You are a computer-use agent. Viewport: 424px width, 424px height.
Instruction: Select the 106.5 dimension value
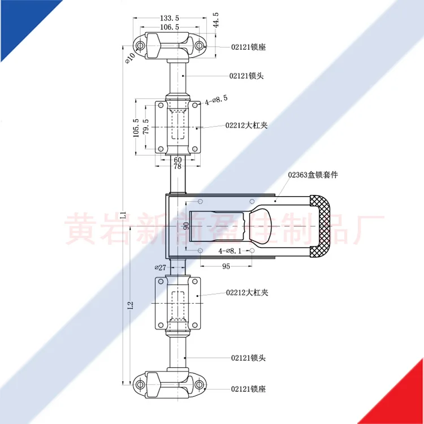click(x=170, y=27)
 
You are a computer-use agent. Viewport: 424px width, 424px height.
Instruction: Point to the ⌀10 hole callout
click(x=130, y=57)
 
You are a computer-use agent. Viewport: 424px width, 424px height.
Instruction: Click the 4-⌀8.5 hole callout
click(x=216, y=99)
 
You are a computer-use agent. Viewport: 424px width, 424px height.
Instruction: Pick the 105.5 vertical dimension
click(x=136, y=128)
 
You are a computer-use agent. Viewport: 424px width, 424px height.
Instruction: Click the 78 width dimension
click(x=177, y=167)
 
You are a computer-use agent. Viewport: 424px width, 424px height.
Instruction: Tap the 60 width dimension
click(x=177, y=159)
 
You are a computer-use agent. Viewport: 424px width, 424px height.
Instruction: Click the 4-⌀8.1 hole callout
click(x=232, y=250)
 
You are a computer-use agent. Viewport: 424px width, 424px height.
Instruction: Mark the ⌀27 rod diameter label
click(x=160, y=267)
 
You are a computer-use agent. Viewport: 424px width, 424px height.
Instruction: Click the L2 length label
click(x=131, y=305)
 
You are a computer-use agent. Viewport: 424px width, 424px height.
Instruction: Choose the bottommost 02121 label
click(x=248, y=388)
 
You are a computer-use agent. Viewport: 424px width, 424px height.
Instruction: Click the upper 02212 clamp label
click(x=246, y=126)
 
